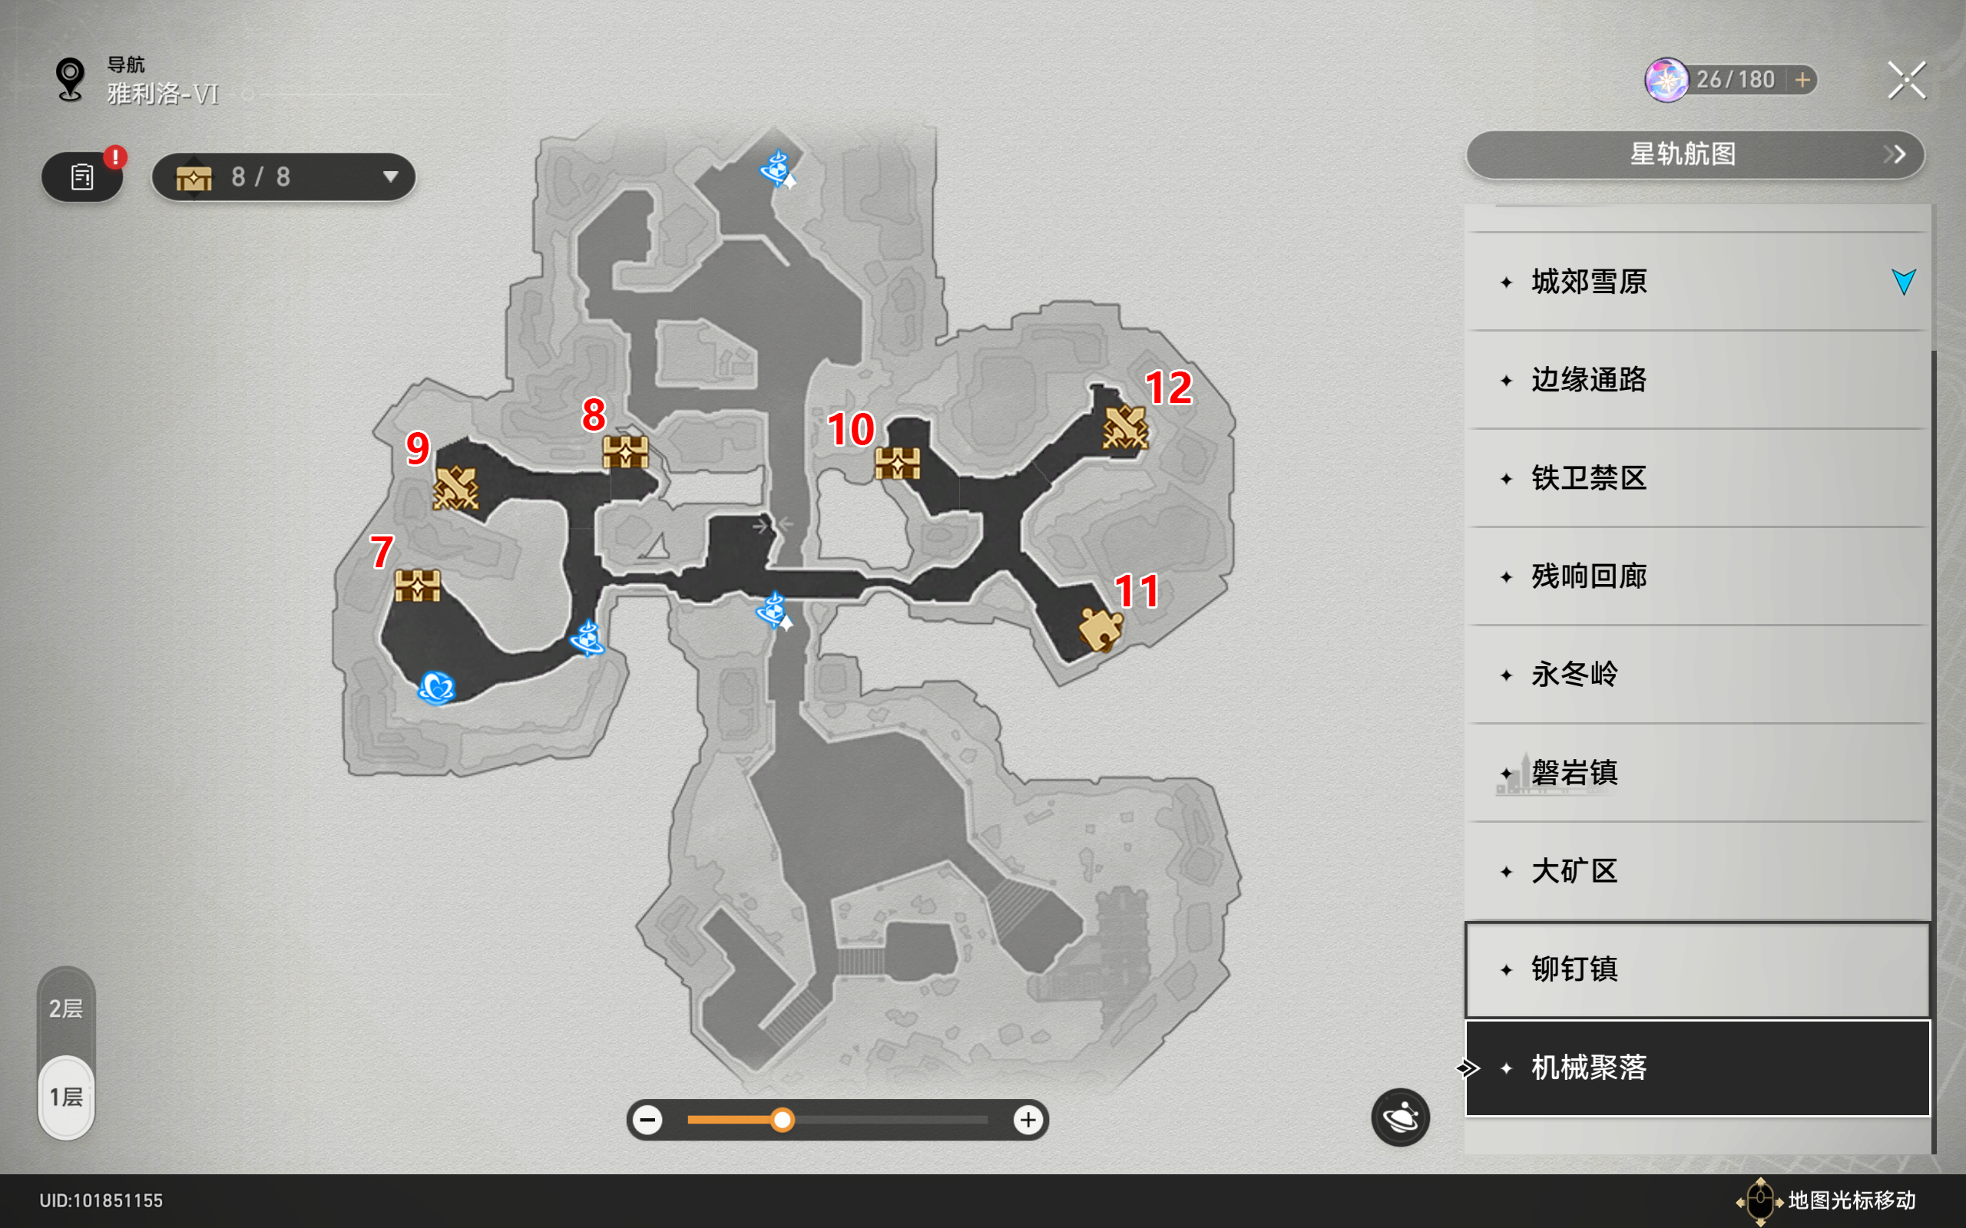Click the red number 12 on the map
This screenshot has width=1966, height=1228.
click(x=1168, y=388)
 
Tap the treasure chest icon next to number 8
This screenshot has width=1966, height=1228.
click(x=626, y=451)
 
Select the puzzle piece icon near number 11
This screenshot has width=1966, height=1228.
click(x=1100, y=629)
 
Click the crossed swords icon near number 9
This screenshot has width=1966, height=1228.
click(x=455, y=488)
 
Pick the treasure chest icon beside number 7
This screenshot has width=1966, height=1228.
click(x=418, y=585)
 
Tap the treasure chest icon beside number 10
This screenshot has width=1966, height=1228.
click(x=898, y=463)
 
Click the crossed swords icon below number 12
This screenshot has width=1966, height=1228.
click(x=1125, y=427)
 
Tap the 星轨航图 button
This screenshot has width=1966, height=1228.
click(x=1696, y=154)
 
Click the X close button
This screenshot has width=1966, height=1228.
click(x=1906, y=81)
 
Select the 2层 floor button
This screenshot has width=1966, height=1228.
click(x=66, y=1008)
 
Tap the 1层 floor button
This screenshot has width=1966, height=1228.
click(x=66, y=1098)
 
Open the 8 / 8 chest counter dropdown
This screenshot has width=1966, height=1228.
click(x=283, y=177)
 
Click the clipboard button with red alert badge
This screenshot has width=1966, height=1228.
click(x=83, y=177)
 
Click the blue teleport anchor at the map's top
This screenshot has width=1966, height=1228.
click(x=777, y=169)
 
